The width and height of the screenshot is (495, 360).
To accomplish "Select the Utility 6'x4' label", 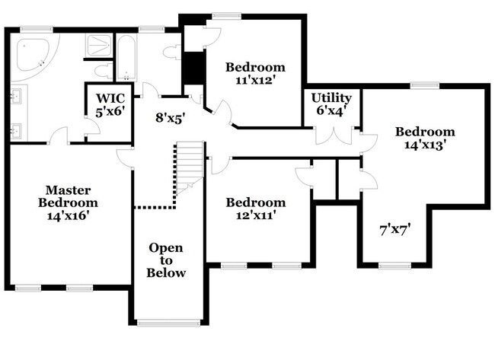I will tap(332, 104).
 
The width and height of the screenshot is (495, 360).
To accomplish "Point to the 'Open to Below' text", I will tap(166, 260).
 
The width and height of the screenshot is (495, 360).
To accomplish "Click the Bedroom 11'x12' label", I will tap(255, 73).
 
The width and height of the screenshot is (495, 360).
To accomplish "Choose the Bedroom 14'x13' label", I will tap(424, 137).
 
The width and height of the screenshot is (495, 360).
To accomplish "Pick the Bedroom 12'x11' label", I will tap(256, 209).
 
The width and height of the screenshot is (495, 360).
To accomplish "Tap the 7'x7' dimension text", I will tap(395, 228).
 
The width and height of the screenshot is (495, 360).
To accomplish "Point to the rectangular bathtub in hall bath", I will tap(126, 57).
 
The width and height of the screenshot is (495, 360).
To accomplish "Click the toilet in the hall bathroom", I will tap(173, 53).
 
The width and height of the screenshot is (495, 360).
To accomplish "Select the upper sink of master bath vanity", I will tap(16, 97).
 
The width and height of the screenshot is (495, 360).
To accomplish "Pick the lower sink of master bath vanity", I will tap(16, 132).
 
